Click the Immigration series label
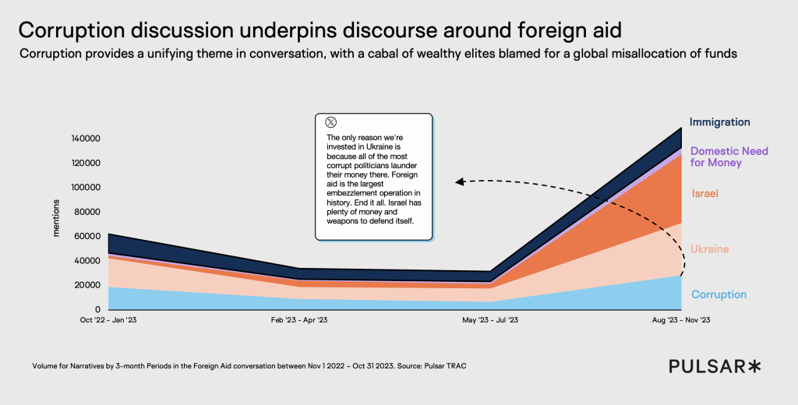point(719,122)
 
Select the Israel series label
point(704,193)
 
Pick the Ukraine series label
point(709,249)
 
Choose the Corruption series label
point(719,294)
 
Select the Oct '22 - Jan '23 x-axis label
point(115,319)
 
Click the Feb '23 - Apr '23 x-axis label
point(298,319)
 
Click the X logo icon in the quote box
point(331,122)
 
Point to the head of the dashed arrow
point(460,183)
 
